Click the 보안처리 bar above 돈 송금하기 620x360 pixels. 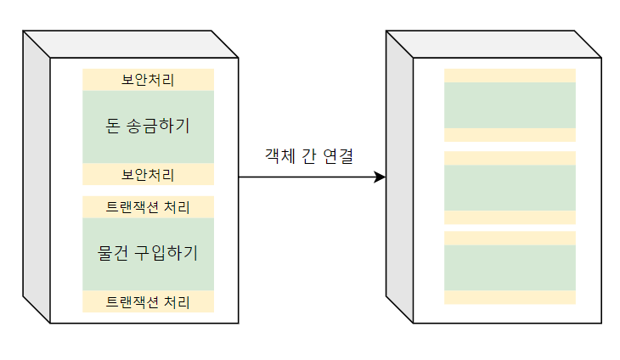pos(148,80)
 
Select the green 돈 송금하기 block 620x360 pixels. pos(148,127)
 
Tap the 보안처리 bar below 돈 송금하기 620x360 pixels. pos(148,175)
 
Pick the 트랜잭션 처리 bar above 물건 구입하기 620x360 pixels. pos(148,207)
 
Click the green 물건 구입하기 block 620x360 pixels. pos(148,254)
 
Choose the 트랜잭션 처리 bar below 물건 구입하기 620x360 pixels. pos(148,301)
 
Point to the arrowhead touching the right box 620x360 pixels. pos(380,177)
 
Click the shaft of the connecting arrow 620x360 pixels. pos(306,177)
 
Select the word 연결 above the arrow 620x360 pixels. pos(338,156)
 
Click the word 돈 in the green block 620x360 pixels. pos(111,127)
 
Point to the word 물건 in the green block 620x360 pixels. pos(115,253)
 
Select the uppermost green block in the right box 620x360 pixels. pos(510,105)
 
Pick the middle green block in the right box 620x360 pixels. pos(510,187)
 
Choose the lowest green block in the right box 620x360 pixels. pos(510,267)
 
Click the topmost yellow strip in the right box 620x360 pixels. pos(510,76)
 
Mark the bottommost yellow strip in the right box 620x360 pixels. pos(510,297)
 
